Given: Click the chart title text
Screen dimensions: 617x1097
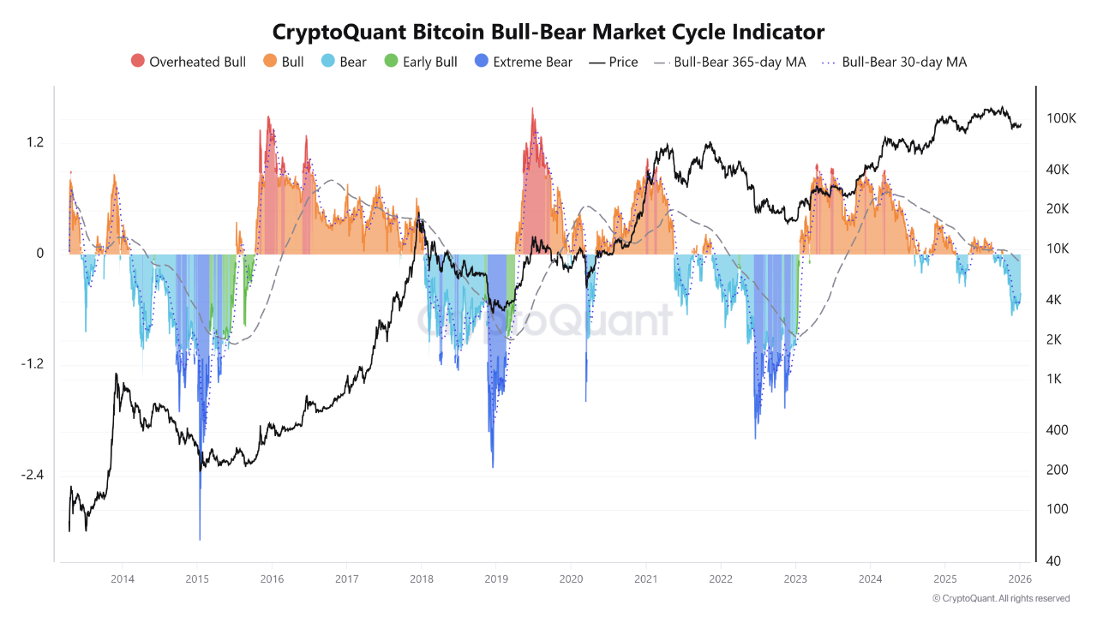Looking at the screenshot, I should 548,32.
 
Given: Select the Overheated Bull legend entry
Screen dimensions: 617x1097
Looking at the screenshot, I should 189,62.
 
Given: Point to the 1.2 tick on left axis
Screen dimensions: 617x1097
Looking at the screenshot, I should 34,142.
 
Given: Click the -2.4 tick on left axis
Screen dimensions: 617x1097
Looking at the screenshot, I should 32,476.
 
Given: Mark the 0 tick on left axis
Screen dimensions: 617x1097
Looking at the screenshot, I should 39,254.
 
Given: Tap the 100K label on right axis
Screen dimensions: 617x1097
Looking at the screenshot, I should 1061,118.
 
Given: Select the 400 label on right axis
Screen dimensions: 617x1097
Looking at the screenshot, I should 1057,430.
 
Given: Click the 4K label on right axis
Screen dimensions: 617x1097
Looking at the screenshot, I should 1055,300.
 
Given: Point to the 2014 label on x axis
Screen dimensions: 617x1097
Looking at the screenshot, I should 122,579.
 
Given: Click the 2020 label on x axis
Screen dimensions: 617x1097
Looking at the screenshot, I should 571,579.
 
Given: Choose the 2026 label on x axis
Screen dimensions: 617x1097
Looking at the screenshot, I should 1020,579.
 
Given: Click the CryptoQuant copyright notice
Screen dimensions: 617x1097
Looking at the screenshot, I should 1000,598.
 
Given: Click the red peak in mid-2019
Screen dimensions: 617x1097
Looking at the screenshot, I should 533,111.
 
